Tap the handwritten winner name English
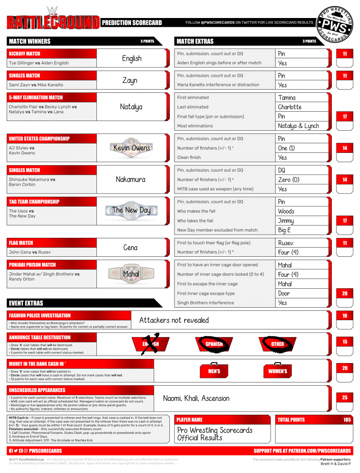click(132, 59)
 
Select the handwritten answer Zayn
click(130, 80)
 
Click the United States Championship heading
click(39, 139)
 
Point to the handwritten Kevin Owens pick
click(132, 148)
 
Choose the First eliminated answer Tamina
click(287, 97)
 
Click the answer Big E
click(284, 230)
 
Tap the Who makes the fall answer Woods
click(286, 211)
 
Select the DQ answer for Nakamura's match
click(282, 170)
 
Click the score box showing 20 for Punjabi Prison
click(345, 293)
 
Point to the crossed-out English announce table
click(151, 344)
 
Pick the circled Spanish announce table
click(214, 344)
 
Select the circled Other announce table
click(277, 344)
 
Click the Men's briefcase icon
click(214, 370)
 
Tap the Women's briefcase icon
click(277, 370)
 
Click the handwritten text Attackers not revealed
click(174, 320)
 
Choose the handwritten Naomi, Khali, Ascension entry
click(196, 398)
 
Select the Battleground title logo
click(53, 22)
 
